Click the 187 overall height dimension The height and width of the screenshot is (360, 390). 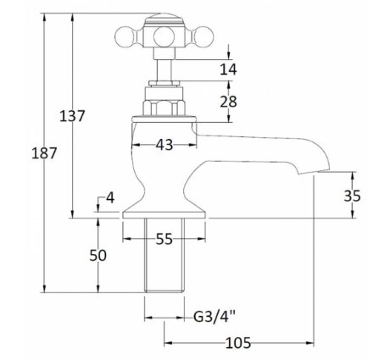pos(44,153)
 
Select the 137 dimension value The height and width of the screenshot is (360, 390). pos(72,116)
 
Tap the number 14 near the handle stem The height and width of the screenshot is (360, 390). pos(228,69)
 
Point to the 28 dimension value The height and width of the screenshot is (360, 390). pos(228,102)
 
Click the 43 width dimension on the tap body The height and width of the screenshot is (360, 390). pos(164,145)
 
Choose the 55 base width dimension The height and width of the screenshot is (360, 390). pos(164,239)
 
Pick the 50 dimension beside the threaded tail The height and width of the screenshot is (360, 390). pos(97,256)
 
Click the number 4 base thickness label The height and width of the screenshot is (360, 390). pos(110,197)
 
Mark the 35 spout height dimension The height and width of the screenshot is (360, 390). pos(352,196)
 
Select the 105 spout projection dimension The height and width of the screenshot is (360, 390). pos(238,343)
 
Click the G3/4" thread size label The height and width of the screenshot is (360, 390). pos(214,317)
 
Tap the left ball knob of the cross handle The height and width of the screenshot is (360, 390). pos(125,36)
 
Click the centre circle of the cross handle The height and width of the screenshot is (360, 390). pos(164,37)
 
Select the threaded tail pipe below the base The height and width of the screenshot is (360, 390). pos(164,255)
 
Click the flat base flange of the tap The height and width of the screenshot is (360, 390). pos(164,215)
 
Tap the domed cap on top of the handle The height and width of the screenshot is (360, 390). pos(164,18)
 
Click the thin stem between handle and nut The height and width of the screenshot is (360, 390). pos(164,70)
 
